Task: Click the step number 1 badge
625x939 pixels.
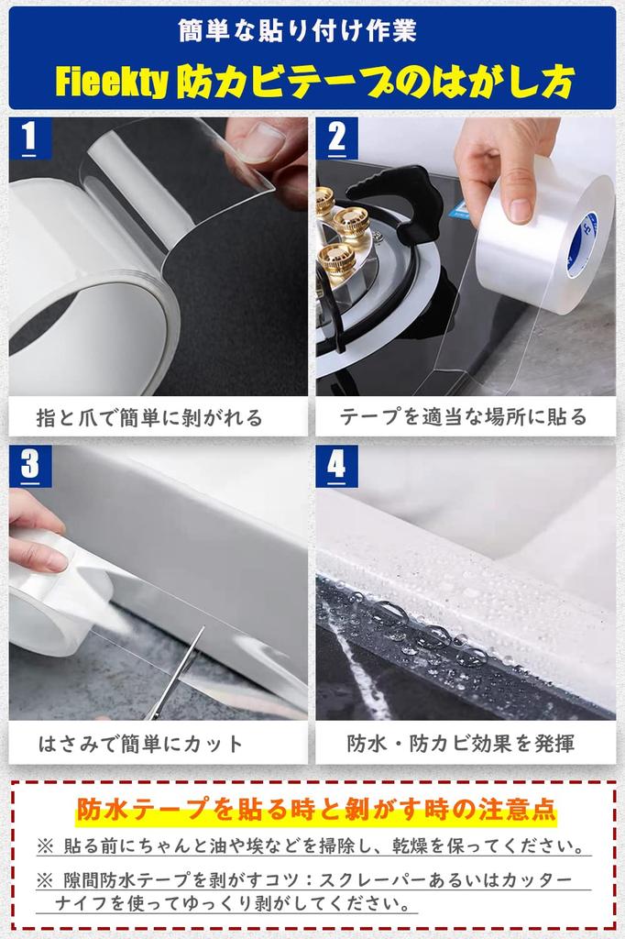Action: click(x=28, y=138)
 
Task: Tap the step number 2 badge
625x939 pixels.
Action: click(x=336, y=138)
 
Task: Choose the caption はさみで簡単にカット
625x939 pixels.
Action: click(x=141, y=743)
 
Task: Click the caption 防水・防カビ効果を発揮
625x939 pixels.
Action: click(x=462, y=743)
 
